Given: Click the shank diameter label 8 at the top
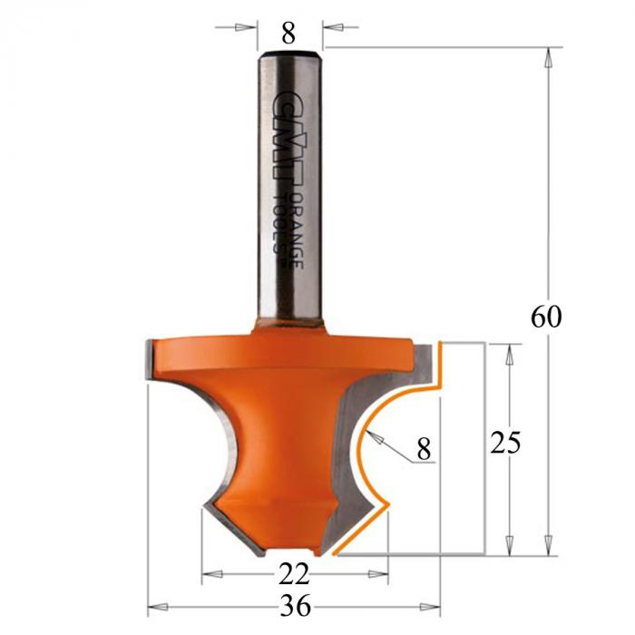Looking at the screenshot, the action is tap(288, 34).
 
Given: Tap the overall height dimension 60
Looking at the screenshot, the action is tap(546, 317).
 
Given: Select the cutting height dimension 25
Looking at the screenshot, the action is tap(505, 443).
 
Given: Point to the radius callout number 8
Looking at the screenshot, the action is tap(424, 449).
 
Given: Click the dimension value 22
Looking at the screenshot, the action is tap(294, 574).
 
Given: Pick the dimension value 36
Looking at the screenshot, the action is tap(296, 606).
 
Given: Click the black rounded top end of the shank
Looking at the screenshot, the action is tap(290, 54).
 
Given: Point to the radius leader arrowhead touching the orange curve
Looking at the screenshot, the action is tap(374, 437).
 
